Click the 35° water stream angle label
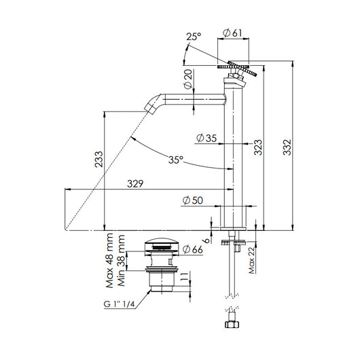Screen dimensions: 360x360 click(x=177, y=160)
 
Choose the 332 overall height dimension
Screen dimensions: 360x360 click(x=287, y=145)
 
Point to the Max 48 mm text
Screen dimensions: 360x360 click(x=108, y=253)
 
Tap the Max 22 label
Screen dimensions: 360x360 click(x=252, y=258)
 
